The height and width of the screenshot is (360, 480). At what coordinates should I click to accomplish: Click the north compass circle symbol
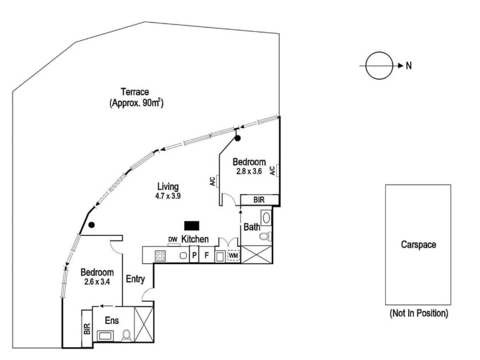(379, 66)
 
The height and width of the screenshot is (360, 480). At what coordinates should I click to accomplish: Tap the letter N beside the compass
(409, 66)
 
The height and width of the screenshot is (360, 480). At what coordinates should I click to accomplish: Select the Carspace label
(418, 245)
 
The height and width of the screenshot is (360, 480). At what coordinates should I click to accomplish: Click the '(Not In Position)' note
(418, 313)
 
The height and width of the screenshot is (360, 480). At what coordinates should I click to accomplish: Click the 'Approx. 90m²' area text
(137, 103)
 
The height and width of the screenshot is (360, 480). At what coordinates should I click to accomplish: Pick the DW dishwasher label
(173, 240)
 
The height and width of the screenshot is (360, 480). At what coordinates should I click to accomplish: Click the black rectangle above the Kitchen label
(192, 226)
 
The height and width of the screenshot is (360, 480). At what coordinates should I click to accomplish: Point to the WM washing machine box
(233, 256)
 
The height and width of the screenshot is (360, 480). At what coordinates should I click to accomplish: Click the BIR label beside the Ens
(87, 328)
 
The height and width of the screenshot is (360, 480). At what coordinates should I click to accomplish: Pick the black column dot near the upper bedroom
(238, 139)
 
